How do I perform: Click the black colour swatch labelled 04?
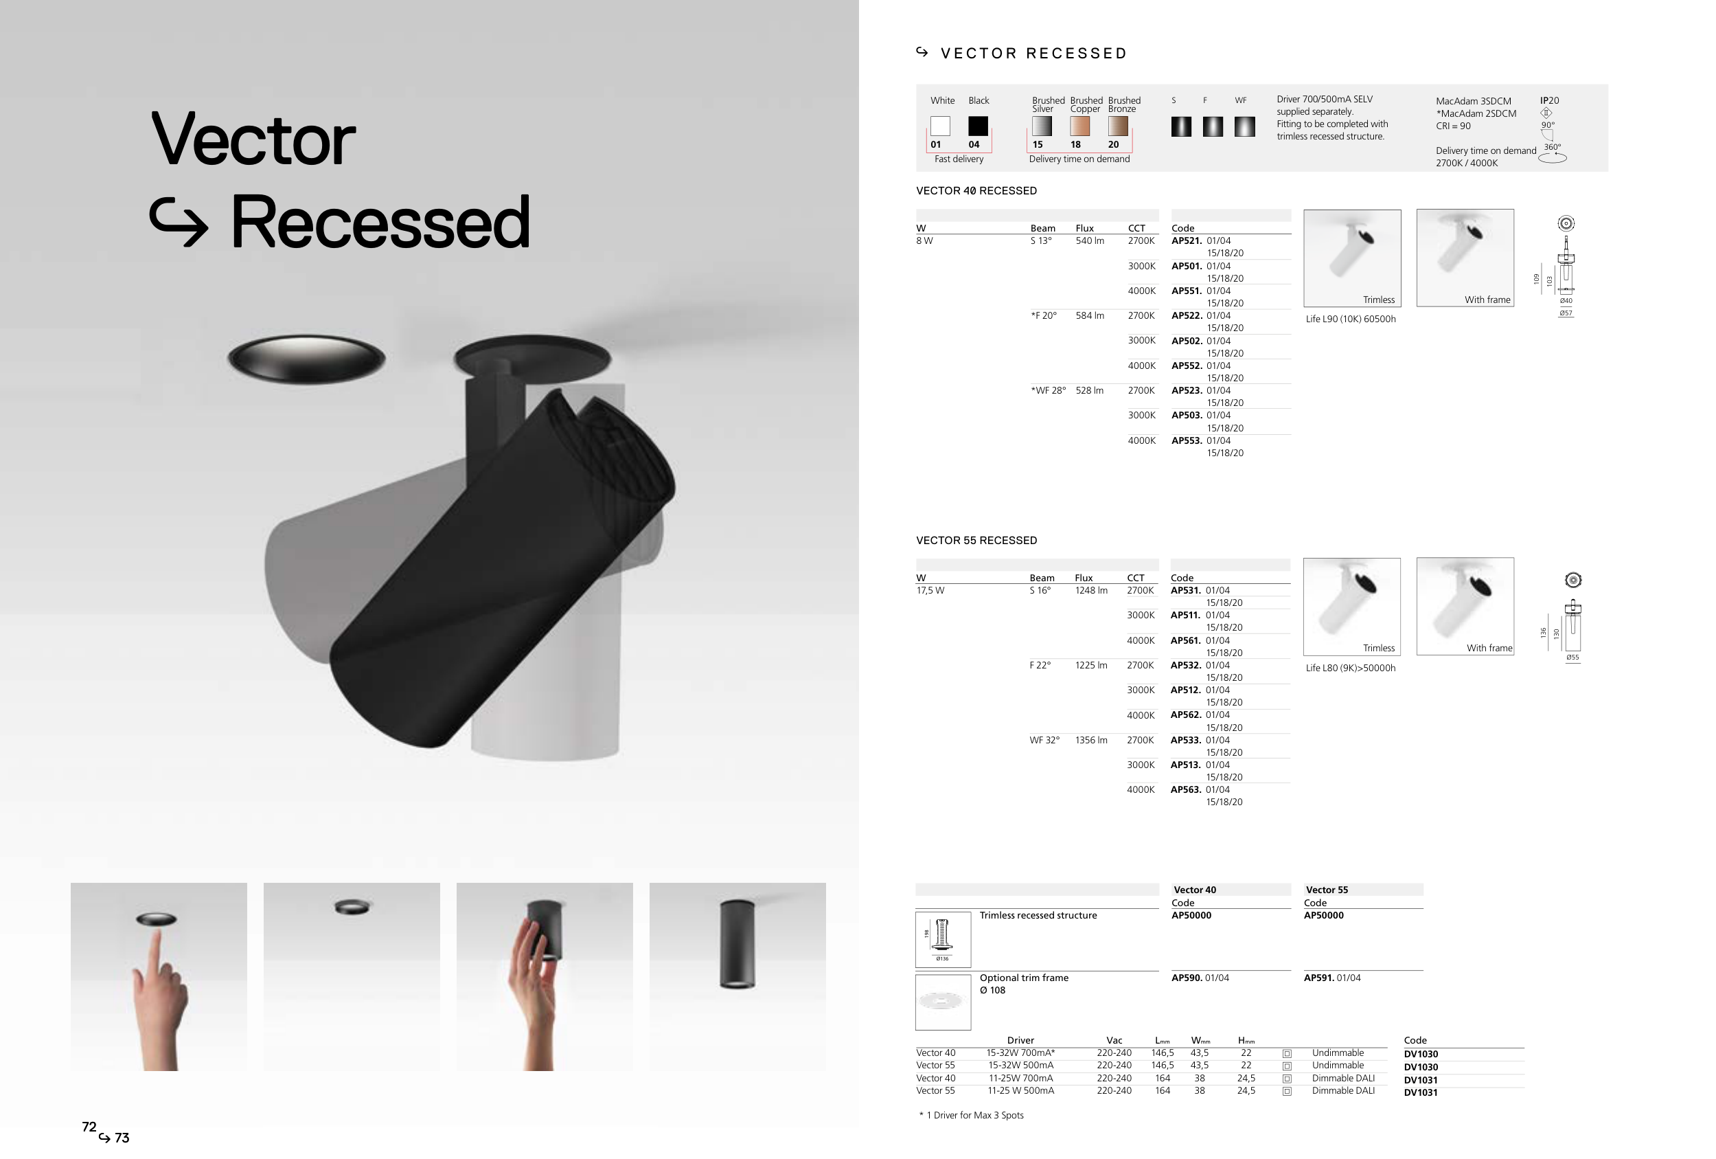(978, 126)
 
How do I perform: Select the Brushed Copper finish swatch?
(1079, 126)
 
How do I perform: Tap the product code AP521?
(1187, 241)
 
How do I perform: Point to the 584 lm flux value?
(1090, 315)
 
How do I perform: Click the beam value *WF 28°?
(1049, 390)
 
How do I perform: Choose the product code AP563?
(1186, 789)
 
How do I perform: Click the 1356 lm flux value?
(1091, 740)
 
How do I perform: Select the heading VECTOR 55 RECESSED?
(976, 541)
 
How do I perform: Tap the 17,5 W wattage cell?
(930, 591)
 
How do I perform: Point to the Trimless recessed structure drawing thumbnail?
(943, 940)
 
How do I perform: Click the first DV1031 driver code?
(1421, 1080)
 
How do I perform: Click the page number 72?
(89, 1127)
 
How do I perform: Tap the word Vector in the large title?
(253, 139)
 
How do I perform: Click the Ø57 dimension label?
(1566, 313)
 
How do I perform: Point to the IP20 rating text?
(1549, 100)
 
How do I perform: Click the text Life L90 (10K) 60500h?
(1351, 319)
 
